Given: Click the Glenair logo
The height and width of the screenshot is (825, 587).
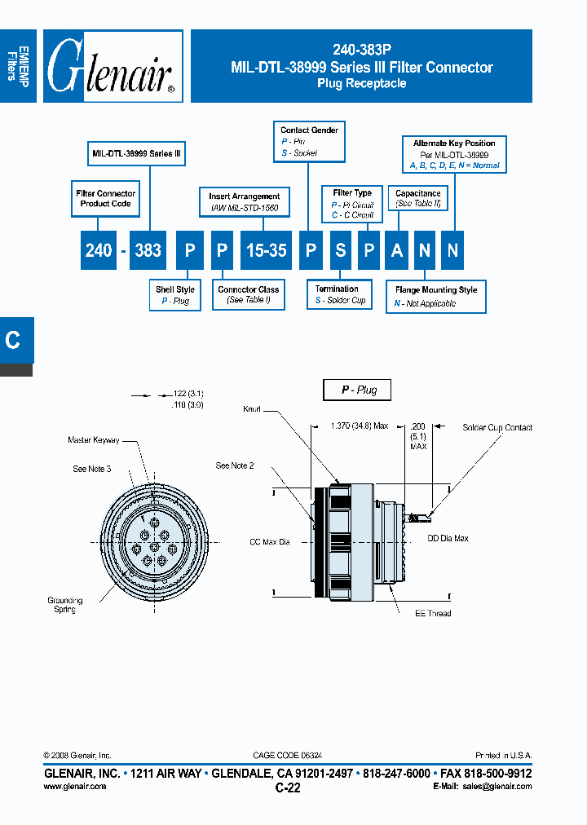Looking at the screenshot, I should pyautogui.click(x=113, y=67).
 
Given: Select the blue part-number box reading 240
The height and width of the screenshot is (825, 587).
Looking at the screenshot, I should pyautogui.click(x=99, y=250).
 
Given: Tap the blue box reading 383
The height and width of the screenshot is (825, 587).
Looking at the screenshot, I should pyautogui.click(x=148, y=250).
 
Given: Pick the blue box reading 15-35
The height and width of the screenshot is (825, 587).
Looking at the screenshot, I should pyautogui.click(x=266, y=250).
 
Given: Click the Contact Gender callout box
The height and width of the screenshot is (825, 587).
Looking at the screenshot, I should pyautogui.click(x=309, y=141).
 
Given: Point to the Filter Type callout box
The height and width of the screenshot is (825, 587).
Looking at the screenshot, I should pyautogui.click(x=352, y=204).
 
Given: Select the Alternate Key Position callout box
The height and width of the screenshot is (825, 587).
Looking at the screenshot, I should pyautogui.click(x=454, y=154).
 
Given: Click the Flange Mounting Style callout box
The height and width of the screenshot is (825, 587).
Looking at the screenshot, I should pyautogui.click(x=436, y=296).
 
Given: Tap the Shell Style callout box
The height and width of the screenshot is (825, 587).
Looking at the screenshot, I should pyautogui.click(x=175, y=295).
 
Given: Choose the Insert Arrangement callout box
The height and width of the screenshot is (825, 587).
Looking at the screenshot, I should pyautogui.click(x=244, y=202).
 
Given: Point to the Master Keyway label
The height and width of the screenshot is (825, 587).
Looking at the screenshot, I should pyautogui.click(x=94, y=440).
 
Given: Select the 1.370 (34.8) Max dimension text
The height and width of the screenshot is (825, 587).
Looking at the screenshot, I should pyautogui.click(x=359, y=426).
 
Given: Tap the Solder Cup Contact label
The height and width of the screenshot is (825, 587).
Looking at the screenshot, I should pyautogui.click(x=497, y=427).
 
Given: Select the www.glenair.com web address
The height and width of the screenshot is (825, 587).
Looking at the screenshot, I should pyautogui.click(x=74, y=786).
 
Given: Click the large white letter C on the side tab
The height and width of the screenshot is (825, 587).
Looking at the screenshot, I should pyautogui.click(x=13, y=340).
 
